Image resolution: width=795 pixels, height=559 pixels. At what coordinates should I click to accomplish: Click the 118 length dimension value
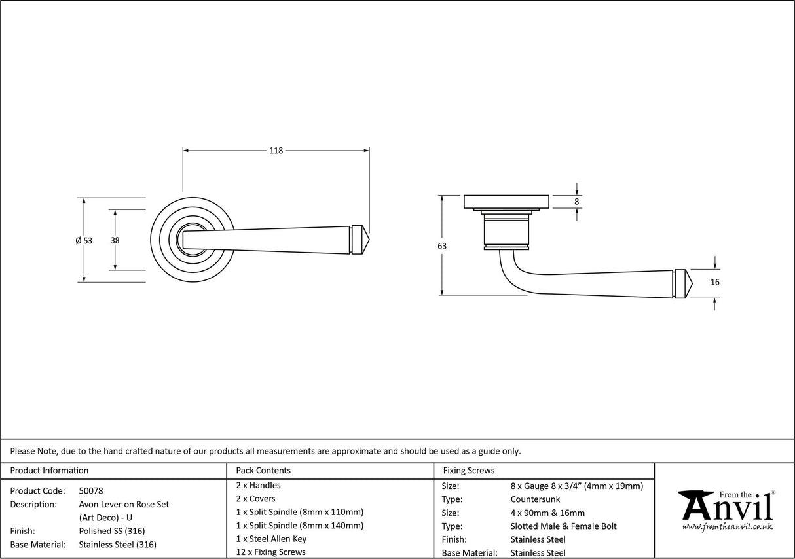point(276,151)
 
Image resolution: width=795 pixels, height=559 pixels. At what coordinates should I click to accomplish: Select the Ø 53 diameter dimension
point(84,240)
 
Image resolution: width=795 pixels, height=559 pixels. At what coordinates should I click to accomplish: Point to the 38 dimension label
point(115,240)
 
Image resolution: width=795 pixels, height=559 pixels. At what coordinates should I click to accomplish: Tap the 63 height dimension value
point(442,246)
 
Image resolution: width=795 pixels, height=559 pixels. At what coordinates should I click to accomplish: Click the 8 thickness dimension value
point(577,202)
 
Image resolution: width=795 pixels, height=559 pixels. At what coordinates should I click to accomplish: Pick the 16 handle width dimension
point(714,283)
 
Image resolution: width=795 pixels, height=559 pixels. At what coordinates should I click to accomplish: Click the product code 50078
point(90,490)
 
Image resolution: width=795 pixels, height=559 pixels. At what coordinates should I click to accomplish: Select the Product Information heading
point(49,470)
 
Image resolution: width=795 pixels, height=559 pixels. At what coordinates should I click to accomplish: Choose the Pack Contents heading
point(263,470)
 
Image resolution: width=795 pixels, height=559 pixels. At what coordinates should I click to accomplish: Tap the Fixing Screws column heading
point(469,470)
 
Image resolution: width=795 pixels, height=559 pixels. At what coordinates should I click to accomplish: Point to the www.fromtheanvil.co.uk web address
point(727,526)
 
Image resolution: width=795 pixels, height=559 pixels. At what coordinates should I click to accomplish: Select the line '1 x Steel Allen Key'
point(271,539)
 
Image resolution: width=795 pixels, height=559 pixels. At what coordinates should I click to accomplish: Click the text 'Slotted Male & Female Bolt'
point(563,526)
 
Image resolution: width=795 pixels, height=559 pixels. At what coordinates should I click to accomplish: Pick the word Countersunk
point(535,499)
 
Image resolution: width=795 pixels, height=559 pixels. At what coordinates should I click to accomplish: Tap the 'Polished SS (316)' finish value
point(111,531)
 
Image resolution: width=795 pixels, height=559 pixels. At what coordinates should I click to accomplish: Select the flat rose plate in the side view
point(506,202)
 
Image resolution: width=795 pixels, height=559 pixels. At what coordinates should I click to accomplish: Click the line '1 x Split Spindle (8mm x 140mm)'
point(299,526)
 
